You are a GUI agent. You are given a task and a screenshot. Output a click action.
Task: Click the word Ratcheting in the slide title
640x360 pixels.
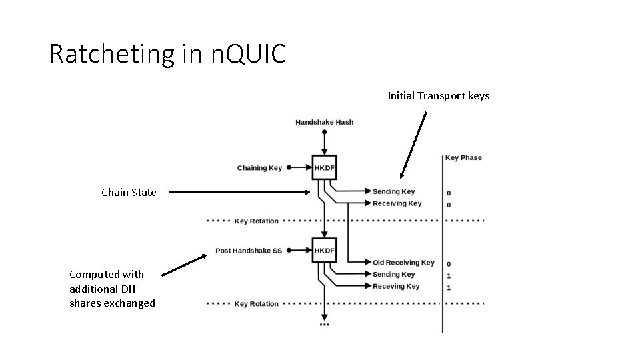(111, 54)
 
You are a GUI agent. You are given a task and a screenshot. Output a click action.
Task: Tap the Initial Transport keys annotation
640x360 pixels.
(439, 96)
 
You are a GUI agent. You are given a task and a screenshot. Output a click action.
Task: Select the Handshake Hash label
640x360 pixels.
(324, 122)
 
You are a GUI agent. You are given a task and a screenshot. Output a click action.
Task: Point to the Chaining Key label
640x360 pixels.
(259, 168)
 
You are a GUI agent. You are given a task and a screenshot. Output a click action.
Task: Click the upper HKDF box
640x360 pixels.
(325, 168)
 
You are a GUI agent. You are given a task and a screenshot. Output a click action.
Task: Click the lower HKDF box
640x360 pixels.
(325, 251)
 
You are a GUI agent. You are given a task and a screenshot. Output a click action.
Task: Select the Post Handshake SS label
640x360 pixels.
(249, 251)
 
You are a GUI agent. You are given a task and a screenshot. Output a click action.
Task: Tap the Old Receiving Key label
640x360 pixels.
(403, 263)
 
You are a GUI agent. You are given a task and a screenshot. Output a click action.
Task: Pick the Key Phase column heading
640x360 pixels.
(463, 158)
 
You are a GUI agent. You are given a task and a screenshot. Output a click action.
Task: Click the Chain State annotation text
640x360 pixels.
(129, 193)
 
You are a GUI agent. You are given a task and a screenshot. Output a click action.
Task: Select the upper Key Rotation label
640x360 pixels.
(256, 221)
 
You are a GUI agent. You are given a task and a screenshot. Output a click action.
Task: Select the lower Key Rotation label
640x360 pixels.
(256, 304)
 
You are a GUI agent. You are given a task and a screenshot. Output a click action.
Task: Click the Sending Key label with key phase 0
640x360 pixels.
(393, 191)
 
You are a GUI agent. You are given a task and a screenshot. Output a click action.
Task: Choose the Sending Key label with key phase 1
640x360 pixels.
(393, 275)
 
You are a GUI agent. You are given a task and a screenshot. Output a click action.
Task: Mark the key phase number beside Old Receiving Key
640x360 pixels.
(449, 264)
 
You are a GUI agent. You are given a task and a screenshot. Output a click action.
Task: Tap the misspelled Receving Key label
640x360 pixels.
(396, 287)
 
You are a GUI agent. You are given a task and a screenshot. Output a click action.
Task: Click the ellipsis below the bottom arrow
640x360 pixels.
(324, 325)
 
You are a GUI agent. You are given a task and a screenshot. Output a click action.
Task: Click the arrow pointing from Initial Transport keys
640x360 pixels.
(413, 145)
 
